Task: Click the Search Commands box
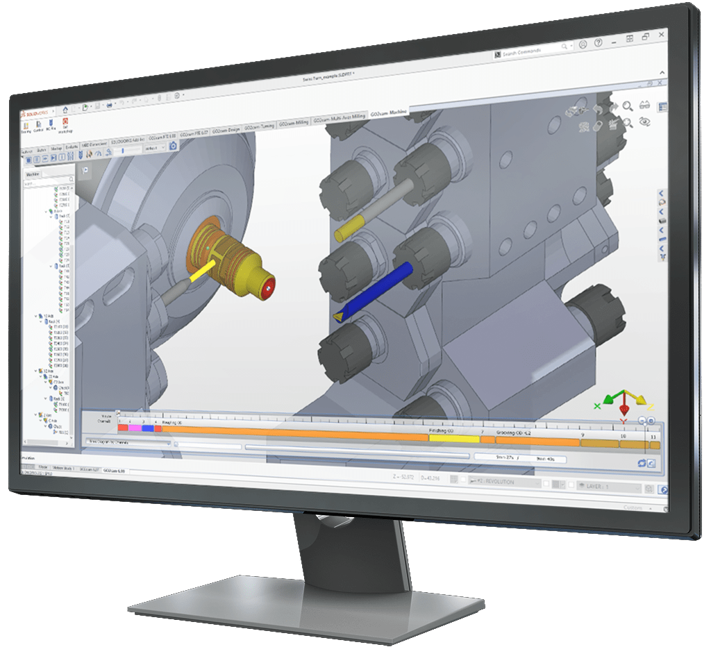[535, 53]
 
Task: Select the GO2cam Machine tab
[389, 113]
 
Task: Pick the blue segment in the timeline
[147, 429]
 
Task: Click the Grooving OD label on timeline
[514, 432]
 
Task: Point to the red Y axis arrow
[624, 411]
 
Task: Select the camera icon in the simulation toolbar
[173, 145]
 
